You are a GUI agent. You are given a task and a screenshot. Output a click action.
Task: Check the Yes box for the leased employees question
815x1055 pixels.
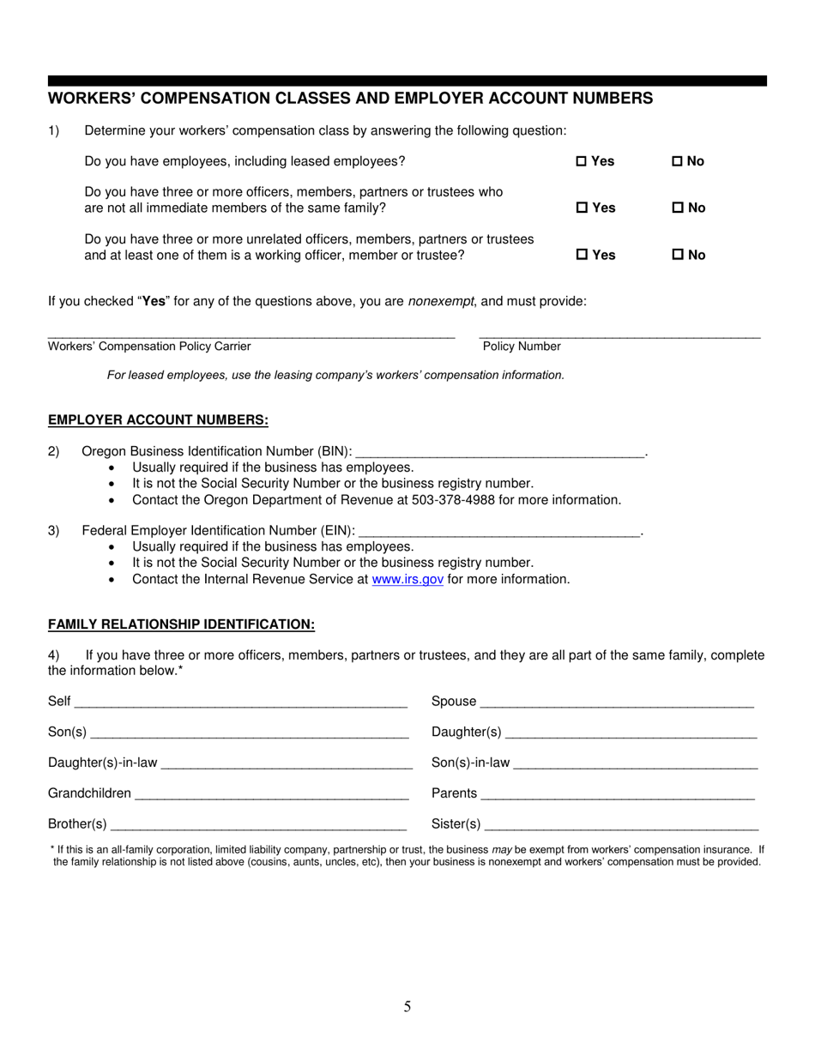click(x=581, y=161)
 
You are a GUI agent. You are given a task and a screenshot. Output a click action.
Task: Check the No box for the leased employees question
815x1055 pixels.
click(x=677, y=161)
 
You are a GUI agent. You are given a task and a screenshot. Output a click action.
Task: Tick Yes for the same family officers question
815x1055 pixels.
click(x=581, y=208)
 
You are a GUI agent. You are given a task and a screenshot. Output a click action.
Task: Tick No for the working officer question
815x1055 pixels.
click(x=677, y=255)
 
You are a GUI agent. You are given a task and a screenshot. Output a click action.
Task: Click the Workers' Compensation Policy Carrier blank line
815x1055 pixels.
click(x=251, y=334)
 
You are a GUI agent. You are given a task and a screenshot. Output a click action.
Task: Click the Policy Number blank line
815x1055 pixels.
click(x=619, y=334)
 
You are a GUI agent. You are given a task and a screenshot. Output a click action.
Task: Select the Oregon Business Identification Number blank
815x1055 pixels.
click(x=499, y=452)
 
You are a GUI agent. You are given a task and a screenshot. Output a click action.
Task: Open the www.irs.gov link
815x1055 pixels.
click(x=407, y=579)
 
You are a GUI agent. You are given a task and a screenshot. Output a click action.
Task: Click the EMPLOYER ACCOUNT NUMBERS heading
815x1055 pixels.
click(x=158, y=420)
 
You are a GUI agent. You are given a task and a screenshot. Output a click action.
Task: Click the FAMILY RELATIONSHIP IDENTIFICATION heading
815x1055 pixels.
click(x=181, y=624)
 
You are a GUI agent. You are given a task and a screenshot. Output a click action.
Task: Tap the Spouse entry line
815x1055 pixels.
click(x=617, y=702)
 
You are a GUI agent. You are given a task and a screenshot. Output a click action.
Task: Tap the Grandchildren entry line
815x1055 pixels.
click(x=271, y=794)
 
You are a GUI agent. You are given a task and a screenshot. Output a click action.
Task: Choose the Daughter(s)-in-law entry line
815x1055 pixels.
click(x=287, y=763)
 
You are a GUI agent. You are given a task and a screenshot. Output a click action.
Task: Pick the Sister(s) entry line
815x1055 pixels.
click(x=621, y=825)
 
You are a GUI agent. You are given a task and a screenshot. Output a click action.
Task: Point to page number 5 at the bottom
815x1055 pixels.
click(x=407, y=1007)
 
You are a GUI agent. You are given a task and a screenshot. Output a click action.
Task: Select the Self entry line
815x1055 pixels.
click(x=240, y=702)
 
